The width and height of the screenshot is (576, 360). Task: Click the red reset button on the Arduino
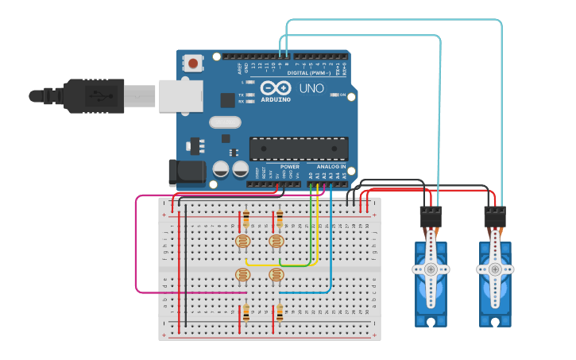(x=192, y=63)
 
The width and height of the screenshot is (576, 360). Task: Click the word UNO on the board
(x=311, y=88)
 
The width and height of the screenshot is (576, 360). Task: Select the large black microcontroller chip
(x=299, y=149)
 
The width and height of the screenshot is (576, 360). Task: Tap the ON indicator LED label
(x=343, y=95)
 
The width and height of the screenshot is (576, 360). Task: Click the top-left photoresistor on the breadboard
(x=243, y=241)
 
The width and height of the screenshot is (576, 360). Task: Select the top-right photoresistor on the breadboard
(x=276, y=241)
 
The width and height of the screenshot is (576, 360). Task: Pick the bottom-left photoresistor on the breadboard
(x=243, y=275)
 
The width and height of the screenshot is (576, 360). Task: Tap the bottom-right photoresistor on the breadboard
(x=276, y=275)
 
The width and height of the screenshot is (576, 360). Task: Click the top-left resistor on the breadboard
(x=245, y=219)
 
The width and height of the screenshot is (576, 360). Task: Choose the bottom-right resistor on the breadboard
(x=279, y=312)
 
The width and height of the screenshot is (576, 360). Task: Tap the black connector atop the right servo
(x=495, y=217)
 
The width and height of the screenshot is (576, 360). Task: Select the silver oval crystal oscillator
(x=225, y=122)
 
